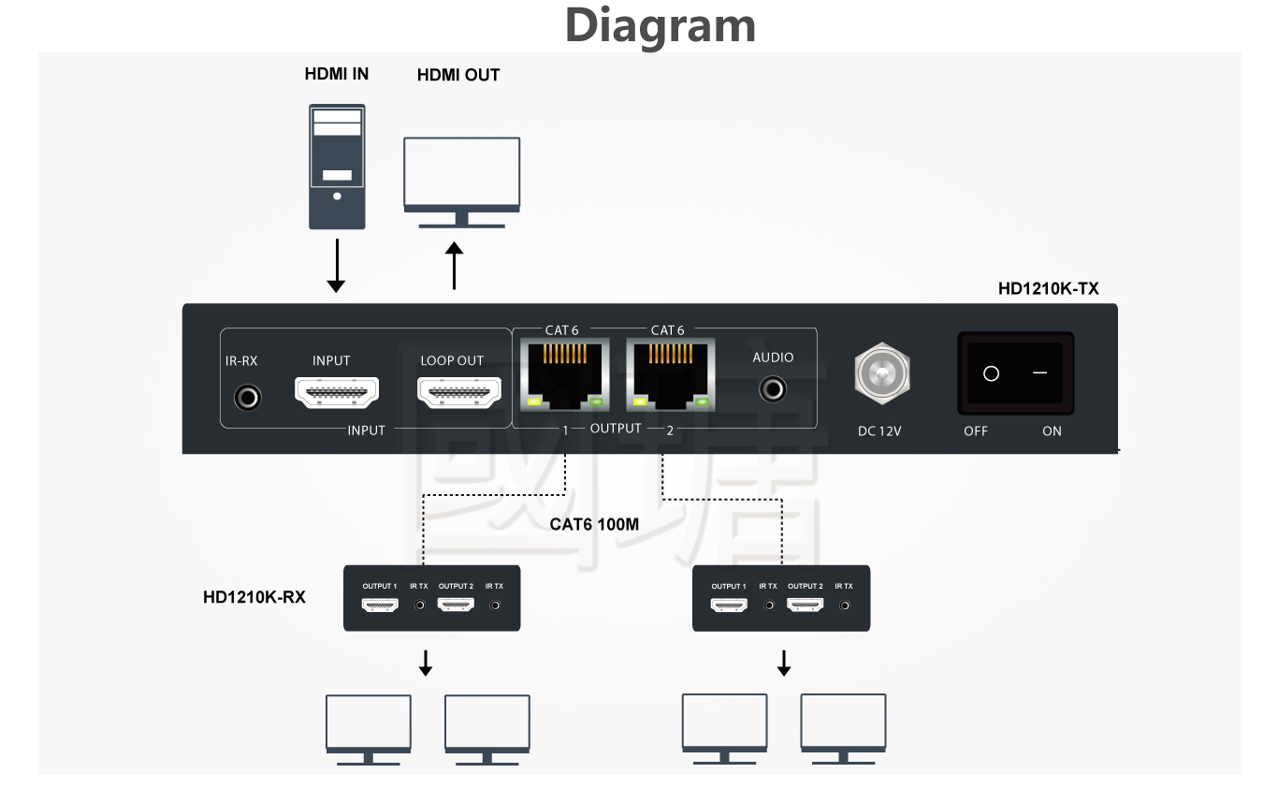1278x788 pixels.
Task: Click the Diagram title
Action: pyautogui.click(x=660, y=25)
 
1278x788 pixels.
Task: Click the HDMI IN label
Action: pyautogui.click(x=337, y=74)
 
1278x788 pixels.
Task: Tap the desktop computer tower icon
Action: pyautogui.click(x=337, y=167)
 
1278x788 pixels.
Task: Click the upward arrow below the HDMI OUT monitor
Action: pyautogui.click(x=454, y=266)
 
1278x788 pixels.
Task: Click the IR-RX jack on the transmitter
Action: pyautogui.click(x=247, y=398)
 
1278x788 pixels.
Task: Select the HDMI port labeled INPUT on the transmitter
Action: pyautogui.click(x=337, y=393)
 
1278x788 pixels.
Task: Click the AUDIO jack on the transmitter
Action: pyautogui.click(x=773, y=387)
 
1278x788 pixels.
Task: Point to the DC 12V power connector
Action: pyautogui.click(x=880, y=375)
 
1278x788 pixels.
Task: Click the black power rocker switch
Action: pyautogui.click(x=1015, y=373)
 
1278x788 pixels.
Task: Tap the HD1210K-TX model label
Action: pyautogui.click(x=1048, y=289)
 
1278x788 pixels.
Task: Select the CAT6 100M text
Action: pyautogui.click(x=594, y=524)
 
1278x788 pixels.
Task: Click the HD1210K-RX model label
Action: pyautogui.click(x=254, y=597)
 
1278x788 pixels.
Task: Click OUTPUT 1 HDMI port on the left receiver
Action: pyautogui.click(x=381, y=606)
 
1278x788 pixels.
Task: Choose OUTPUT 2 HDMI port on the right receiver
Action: pyautogui.click(x=805, y=606)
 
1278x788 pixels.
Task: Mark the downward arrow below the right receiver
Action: pyautogui.click(x=784, y=664)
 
